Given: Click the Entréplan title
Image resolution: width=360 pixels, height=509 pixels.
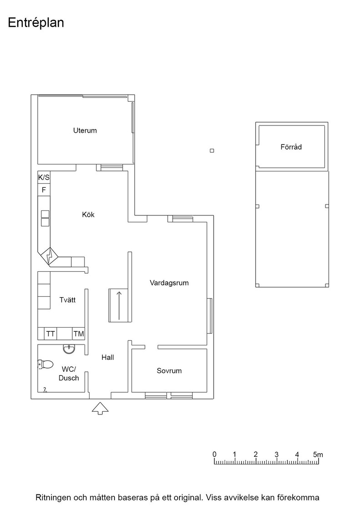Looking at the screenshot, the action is click(x=36, y=23).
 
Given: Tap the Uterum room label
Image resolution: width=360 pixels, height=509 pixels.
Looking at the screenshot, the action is click(x=85, y=130).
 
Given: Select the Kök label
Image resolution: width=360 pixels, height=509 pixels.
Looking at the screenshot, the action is click(x=88, y=215).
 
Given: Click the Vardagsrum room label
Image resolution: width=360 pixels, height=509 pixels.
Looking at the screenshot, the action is click(x=169, y=283).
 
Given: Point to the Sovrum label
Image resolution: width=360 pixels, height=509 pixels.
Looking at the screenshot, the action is click(x=169, y=371).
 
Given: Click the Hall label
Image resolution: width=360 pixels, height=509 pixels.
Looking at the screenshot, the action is click(x=107, y=357).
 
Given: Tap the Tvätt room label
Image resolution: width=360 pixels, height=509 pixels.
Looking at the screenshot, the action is click(x=67, y=300).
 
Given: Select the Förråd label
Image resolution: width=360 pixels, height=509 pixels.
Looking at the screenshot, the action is click(x=291, y=147).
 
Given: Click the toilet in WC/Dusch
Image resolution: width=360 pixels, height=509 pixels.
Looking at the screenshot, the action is click(x=45, y=364).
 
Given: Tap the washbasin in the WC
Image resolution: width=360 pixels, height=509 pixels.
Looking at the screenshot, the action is click(x=69, y=349).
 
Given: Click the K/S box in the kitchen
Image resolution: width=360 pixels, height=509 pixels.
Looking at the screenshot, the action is click(x=44, y=178).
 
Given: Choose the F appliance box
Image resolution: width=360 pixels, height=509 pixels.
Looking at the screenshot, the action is click(x=44, y=190).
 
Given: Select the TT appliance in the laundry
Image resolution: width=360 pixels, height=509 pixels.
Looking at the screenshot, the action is click(x=50, y=334).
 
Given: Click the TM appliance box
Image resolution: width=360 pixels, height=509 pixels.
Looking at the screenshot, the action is click(x=79, y=334).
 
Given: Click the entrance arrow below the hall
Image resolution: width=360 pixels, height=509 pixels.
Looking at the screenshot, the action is click(x=100, y=409).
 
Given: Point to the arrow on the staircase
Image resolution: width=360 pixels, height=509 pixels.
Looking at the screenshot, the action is click(x=119, y=305).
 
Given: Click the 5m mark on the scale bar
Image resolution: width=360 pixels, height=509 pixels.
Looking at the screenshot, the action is click(x=318, y=454).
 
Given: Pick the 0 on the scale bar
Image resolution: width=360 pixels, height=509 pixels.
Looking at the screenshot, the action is click(x=215, y=454).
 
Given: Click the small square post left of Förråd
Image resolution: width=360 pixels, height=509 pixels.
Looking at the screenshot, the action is click(x=212, y=150).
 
